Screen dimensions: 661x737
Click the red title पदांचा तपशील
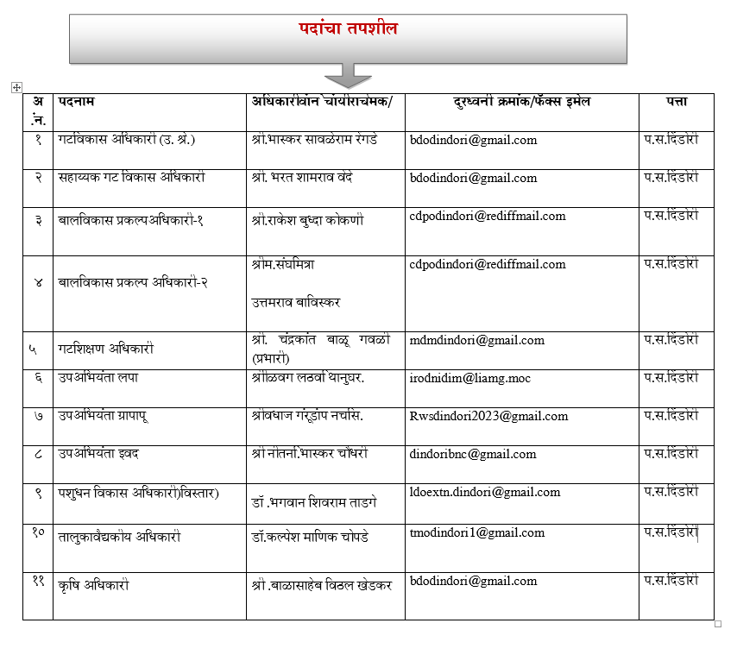click(348, 28)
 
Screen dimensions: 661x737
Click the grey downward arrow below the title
click(348, 75)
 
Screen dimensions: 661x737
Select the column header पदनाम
click(76, 102)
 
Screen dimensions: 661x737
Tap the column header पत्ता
click(676, 102)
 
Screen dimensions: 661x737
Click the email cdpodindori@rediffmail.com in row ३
click(488, 217)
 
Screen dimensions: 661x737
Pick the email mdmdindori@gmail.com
click(476, 341)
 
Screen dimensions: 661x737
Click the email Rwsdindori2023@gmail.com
click(488, 416)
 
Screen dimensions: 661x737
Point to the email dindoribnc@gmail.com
click(473, 454)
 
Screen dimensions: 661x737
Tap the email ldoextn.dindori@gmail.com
click(485, 493)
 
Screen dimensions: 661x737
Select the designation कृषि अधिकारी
click(94, 585)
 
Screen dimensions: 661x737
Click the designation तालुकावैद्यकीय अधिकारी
click(119, 536)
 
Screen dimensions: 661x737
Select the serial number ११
click(38, 582)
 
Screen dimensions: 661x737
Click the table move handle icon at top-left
click(16, 87)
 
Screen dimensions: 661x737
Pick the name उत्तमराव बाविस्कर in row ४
click(296, 302)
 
